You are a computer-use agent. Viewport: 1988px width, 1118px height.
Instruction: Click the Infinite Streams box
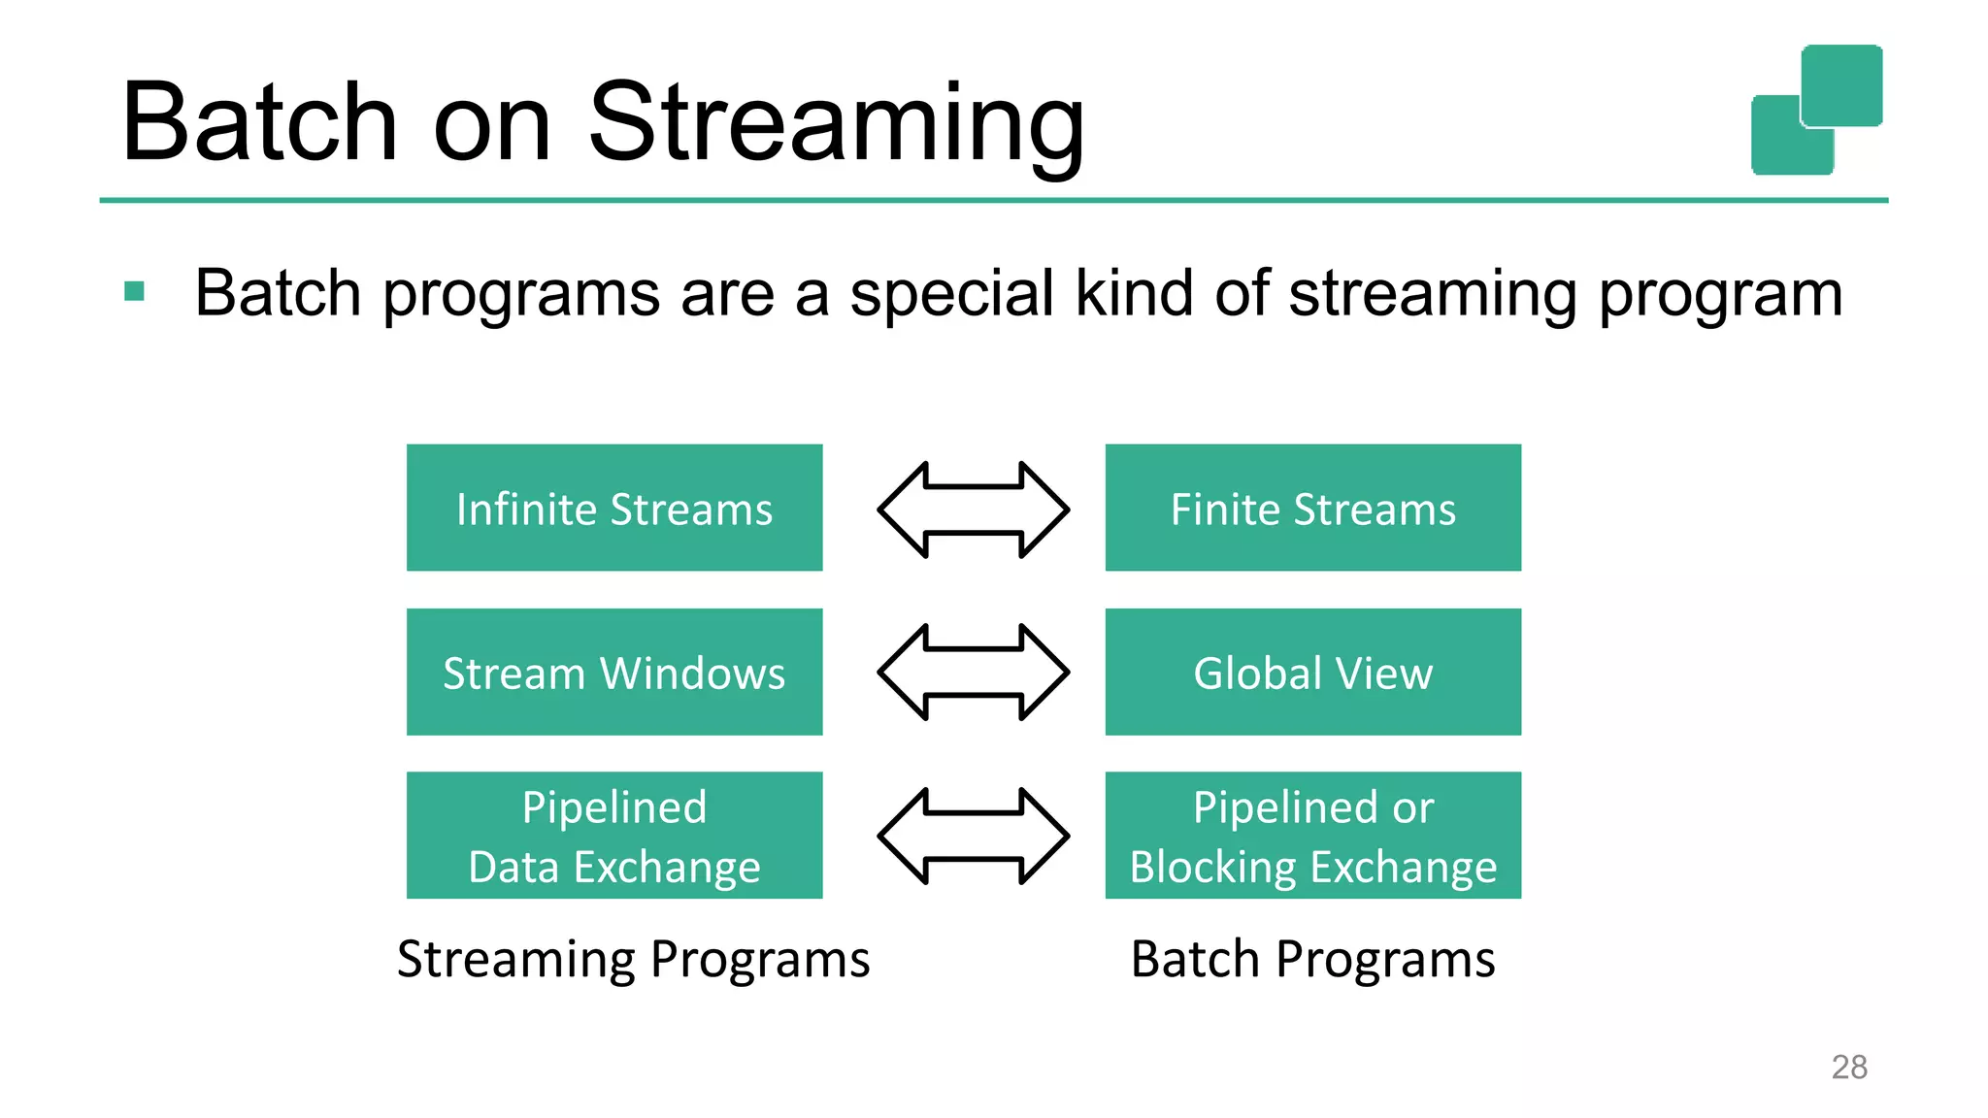[613, 508]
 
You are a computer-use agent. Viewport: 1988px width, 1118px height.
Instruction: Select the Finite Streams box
[1312, 508]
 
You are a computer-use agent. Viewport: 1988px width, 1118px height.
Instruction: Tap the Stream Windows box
[613, 672]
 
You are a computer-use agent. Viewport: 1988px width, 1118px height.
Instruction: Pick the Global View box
[1312, 672]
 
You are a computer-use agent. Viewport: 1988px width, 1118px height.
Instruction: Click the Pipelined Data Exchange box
[613, 836]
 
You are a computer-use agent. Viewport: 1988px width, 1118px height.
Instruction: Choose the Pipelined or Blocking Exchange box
[1312, 836]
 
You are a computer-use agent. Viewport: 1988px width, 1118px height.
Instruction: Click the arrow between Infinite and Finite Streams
[973, 510]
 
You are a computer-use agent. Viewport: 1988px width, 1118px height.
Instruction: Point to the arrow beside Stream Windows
[973, 673]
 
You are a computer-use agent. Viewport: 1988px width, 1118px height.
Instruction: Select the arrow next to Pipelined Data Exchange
[973, 836]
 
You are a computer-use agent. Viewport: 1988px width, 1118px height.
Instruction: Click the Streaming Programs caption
[633, 959]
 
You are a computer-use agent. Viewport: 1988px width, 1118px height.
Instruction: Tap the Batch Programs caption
[1312, 959]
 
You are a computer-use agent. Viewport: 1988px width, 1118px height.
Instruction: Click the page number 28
[1849, 1067]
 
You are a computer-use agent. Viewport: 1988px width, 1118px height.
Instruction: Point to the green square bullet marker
[135, 291]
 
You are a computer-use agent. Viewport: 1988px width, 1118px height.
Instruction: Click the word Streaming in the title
[836, 122]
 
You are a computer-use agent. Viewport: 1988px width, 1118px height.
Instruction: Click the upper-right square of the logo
[1841, 84]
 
